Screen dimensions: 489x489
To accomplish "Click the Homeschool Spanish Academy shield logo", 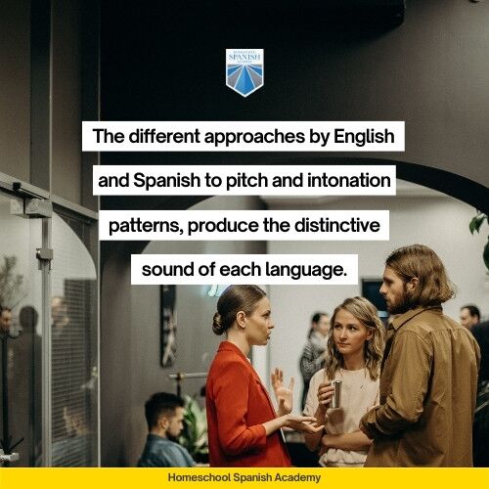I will [x=244, y=72].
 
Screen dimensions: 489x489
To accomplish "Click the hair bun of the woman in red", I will [x=218, y=323].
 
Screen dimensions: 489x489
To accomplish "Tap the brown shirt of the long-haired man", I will [x=425, y=391].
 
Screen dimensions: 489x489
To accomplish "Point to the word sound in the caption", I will [x=165, y=269].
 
